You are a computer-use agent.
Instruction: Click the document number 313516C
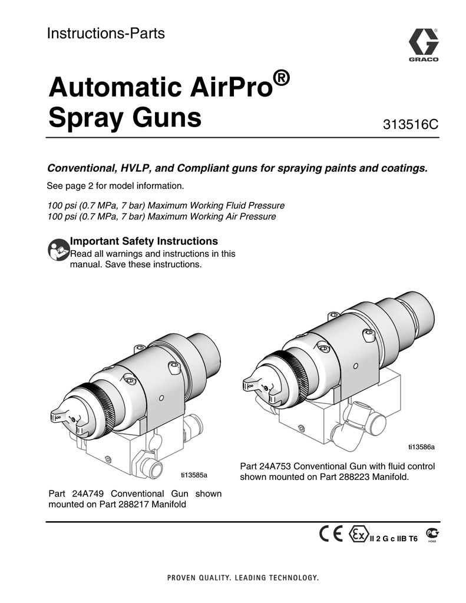(x=411, y=125)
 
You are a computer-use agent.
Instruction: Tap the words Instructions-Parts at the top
(x=105, y=34)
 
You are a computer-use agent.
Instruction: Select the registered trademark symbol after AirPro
(x=283, y=78)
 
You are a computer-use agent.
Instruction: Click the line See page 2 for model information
(x=115, y=187)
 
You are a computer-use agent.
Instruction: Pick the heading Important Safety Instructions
(x=144, y=241)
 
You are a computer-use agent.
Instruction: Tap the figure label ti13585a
(x=194, y=474)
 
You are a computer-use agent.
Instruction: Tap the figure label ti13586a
(x=421, y=446)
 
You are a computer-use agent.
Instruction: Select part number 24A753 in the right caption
(x=279, y=466)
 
